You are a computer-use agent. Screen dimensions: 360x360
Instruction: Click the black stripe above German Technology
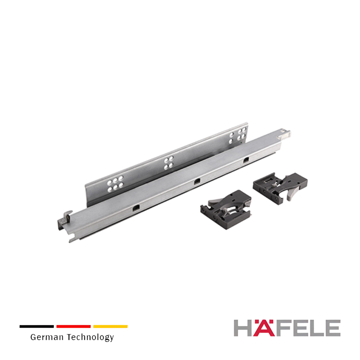tap(37, 326)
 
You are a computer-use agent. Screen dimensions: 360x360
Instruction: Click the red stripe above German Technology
tap(73, 326)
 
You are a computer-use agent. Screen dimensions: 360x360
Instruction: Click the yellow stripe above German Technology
tap(111, 326)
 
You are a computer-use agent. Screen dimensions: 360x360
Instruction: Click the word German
tap(47, 337)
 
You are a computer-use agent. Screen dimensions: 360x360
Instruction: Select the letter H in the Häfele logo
tap(243, 328)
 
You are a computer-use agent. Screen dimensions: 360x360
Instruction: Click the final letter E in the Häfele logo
tap(333, 328)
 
